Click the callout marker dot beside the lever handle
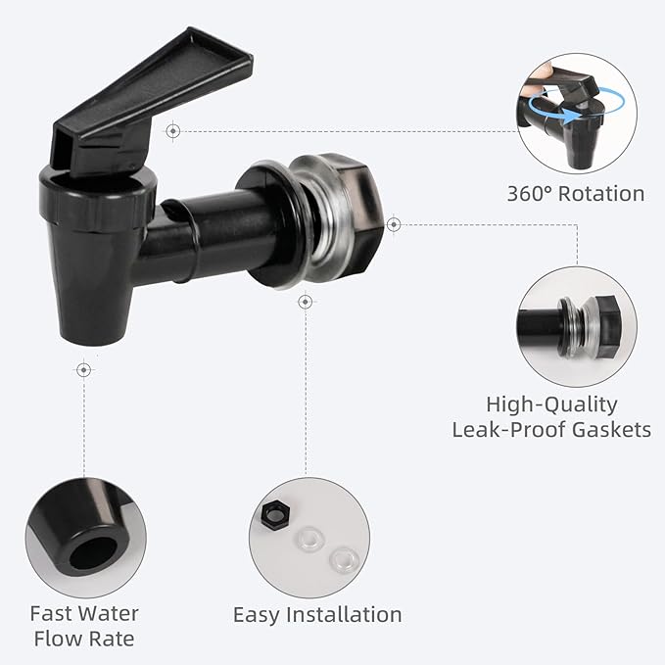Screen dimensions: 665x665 click(172, 129)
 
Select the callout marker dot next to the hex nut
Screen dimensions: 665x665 click(393, 224)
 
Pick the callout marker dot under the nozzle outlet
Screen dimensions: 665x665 click(83, 369)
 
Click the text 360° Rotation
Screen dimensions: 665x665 click(575, 193)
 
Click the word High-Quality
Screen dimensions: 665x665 click(551, 404)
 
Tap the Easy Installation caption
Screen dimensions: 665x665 click(317, 615)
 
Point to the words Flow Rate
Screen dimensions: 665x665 click(83, 640)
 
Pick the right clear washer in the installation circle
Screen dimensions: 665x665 click(342, 560)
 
